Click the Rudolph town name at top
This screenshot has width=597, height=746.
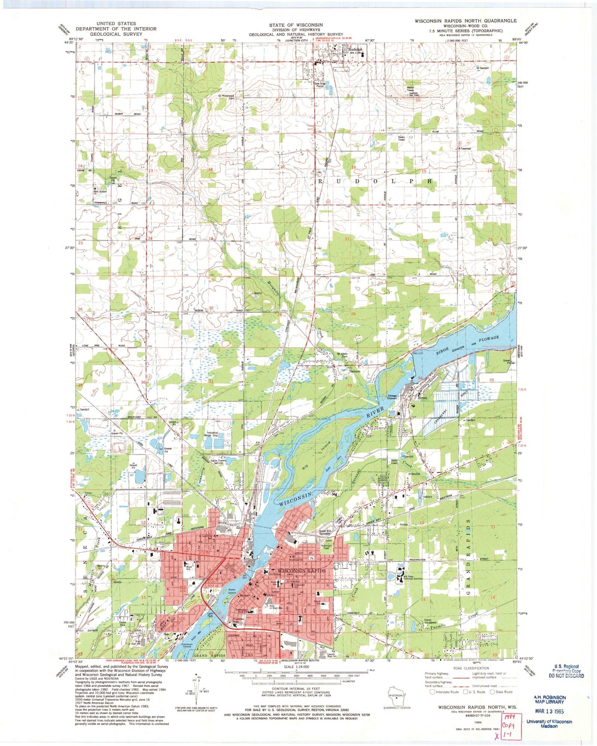point(355,49)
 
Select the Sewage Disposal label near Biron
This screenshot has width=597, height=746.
point(392,396)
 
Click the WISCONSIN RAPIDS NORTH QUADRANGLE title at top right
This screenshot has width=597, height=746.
point(466,21)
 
